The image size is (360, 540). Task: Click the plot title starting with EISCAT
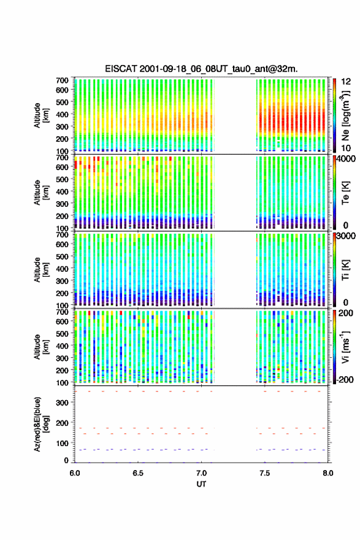[201, 69]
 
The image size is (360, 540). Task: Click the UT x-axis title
[201, 484]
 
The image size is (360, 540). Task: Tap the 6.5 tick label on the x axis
[138, 473]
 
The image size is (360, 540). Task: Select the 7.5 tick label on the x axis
[265, 473]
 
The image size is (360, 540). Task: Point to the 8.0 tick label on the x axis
[328, 473]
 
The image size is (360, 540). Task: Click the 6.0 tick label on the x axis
[75, 473]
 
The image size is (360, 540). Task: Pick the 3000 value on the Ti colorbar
[347, 236]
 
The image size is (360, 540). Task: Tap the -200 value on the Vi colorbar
[345, 379]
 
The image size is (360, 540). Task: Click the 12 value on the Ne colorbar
[346, 82]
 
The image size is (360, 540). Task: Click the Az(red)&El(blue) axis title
[41, 424]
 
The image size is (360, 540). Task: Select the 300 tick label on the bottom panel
[62, 403]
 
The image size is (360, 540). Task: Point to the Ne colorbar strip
[334, 115]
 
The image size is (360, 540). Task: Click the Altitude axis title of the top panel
[41, 115]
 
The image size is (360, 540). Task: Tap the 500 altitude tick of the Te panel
[62, 179]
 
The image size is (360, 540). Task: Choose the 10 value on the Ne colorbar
[346, 148]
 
